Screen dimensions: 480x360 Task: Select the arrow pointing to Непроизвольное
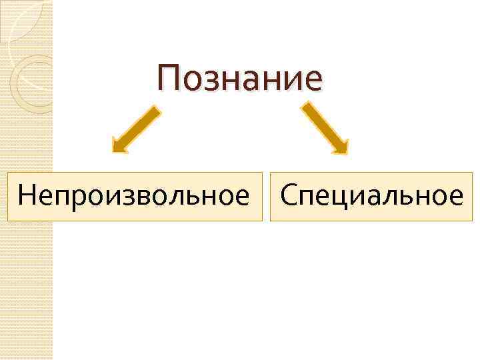tap(136, 129)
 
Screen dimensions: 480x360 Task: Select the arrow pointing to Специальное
tap(325, 128)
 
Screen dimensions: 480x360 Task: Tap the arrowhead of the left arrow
tap(119, 146)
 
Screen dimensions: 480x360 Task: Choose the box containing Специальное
tap(371, 196)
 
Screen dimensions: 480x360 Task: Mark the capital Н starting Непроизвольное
tap(27, 196)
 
